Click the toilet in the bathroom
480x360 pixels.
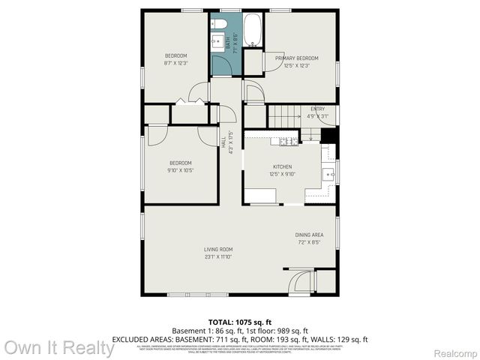[220, 23]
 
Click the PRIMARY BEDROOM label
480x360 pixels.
[297, 58]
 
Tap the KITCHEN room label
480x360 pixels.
[282, 167]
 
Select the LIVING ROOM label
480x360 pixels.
[218, 249]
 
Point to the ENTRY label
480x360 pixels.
[318, 109]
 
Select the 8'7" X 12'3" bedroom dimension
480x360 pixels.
[176, 63]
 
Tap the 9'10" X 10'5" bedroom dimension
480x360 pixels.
[180, 170]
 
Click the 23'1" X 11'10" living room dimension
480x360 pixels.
[218, 256]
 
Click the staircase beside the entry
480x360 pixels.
[285, 116]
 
